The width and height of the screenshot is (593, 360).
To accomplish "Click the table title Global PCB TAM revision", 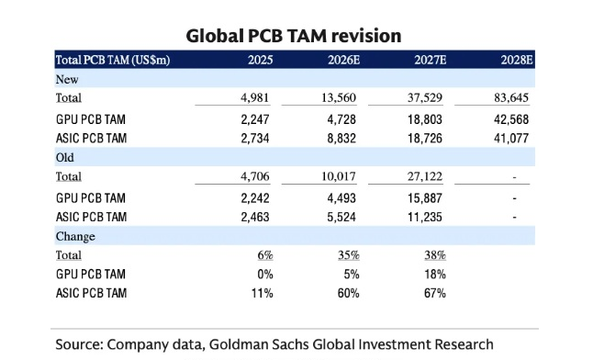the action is point(294,36).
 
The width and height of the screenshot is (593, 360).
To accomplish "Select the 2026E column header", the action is point(343,60).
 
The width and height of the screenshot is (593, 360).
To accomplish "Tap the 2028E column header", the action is point(517,60).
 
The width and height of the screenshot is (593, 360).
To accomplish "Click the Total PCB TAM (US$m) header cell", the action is point(113,60).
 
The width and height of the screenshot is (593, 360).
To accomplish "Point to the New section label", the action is point(67,79).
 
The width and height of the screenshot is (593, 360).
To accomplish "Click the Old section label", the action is point(64,157).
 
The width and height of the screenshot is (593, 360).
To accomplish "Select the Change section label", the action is point(75,236).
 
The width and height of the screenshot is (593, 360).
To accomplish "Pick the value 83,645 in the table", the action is point(511,97).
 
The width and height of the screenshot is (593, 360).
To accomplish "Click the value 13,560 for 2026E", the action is point(339,97).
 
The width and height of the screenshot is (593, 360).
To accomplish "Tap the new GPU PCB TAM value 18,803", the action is point(425,119).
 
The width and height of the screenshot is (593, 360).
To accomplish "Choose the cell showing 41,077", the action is point(511,138).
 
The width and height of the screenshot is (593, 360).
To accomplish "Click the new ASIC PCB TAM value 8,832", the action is point(341,138).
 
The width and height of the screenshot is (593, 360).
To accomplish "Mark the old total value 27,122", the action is point(425,176).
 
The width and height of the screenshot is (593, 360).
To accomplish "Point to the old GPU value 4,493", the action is point(341,198).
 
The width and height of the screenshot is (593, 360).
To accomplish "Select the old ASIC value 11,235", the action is point(425,217).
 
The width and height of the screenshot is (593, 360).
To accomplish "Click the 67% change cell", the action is point(435,293).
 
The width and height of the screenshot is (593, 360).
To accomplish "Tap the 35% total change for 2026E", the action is point(349,255).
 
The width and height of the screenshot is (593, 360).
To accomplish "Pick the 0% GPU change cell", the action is point(265,274).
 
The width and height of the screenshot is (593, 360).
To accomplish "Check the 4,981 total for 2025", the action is point(255,97).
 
